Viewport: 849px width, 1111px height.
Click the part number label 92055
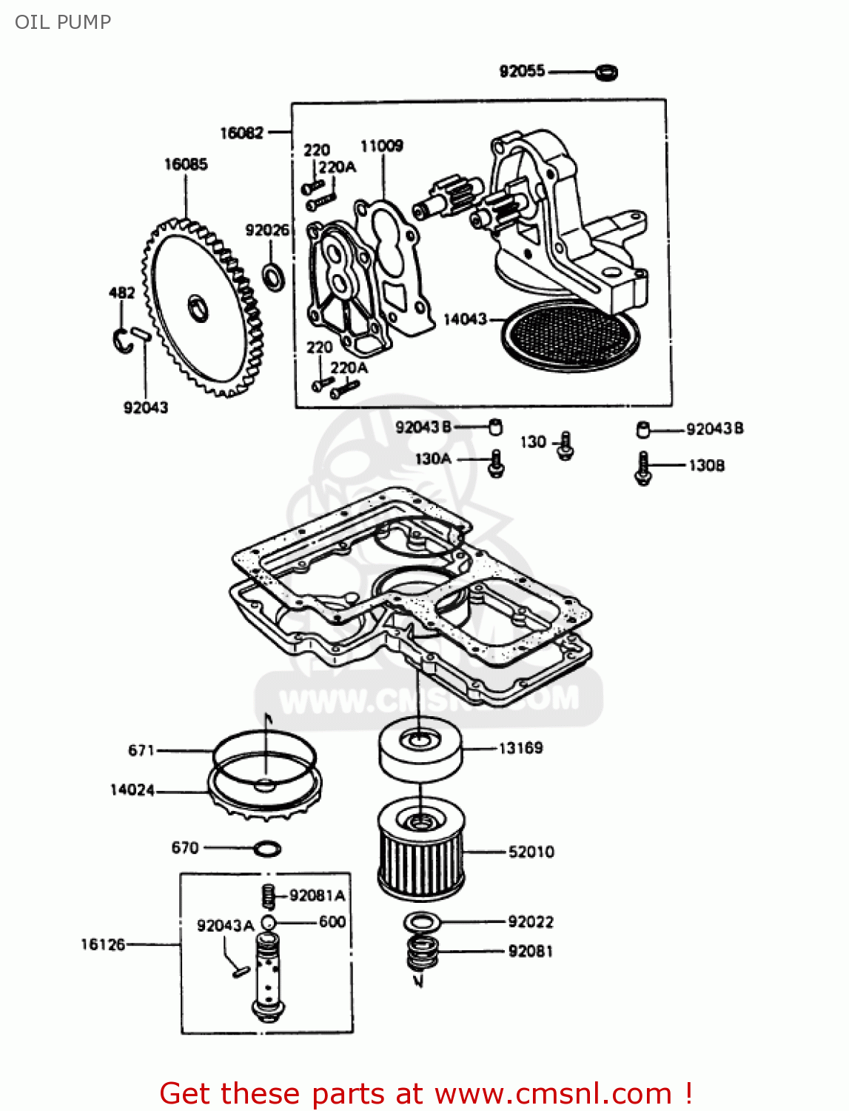point(522,71)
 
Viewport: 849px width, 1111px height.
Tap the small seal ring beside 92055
point(607,73)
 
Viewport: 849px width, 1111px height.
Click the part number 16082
point(241,133)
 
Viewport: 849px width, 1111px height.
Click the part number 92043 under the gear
point(146,407)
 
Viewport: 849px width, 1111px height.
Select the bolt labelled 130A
point(496,464)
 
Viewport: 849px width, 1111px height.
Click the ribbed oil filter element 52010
point(420,852)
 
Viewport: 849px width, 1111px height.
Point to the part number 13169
point(520,748)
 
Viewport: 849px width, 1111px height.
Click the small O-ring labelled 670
point(266,848)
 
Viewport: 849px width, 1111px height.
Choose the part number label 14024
point(132,790)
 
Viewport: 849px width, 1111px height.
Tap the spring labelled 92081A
point(268,896)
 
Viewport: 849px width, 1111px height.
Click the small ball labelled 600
point(268,923)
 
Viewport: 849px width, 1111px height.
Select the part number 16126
point(103,944)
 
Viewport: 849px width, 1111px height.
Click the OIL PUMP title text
point(63,22)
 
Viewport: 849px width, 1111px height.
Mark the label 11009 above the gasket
point(381,146)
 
